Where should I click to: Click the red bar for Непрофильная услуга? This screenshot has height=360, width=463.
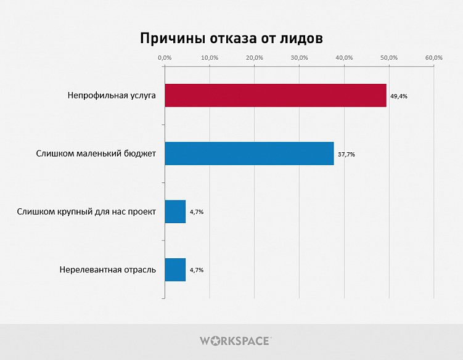276,96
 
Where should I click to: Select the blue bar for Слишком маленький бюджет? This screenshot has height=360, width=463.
249,153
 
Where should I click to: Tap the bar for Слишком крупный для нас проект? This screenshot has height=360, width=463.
175,211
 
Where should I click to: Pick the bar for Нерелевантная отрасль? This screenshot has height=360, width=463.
175,270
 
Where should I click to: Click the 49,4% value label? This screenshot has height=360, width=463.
399,96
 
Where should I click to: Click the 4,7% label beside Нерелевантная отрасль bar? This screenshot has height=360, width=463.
197,270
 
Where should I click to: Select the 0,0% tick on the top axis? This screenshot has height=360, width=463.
165,57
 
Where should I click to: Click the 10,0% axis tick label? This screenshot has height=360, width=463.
210,57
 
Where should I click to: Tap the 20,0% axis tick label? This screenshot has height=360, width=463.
255,57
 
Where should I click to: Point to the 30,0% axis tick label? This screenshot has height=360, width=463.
300,57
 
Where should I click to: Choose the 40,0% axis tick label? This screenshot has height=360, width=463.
344,57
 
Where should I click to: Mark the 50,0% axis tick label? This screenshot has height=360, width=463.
389,57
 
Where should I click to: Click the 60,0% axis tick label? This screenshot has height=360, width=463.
434,57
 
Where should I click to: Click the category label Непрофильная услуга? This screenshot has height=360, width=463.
112,96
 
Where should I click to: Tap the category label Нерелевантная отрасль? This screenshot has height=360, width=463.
108,270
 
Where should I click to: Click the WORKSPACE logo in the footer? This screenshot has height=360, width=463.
235,340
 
